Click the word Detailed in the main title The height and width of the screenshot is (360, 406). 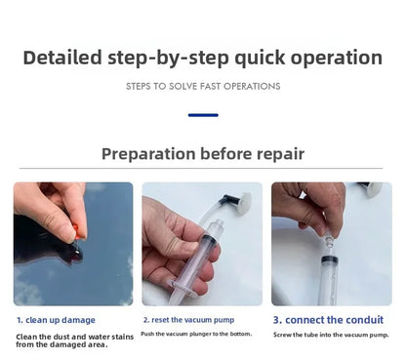(62, 58)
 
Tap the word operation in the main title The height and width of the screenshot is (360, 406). (337, 59)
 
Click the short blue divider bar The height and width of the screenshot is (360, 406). (203, 115)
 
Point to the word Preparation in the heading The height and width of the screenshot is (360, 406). (148, 154)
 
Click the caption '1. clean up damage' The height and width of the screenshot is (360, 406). (56, 320)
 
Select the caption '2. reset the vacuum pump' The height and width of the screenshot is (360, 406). (188, 320)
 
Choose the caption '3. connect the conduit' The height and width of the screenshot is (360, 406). (328, 320)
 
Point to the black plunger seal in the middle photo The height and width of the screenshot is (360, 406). (209, 241)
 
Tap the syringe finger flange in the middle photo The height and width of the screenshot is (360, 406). (182, 288)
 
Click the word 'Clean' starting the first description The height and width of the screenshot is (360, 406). (26, 337)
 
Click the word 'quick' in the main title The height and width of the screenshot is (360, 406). (260, 59)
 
